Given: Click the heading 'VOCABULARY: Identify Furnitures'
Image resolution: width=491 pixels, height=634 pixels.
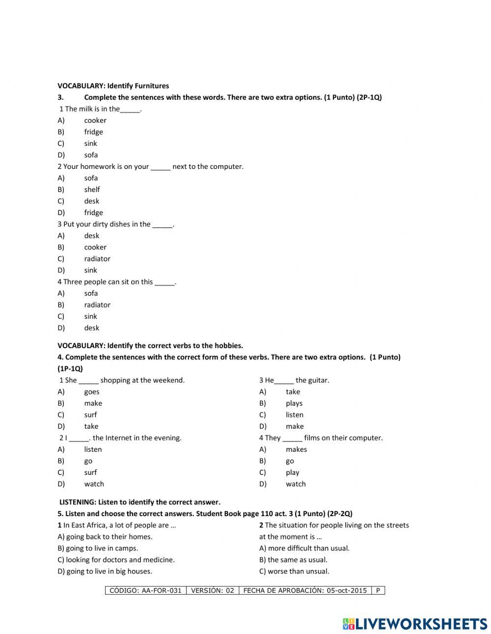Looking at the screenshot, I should click(113, 86).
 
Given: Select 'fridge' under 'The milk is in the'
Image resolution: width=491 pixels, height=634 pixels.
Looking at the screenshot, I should click(93, 132).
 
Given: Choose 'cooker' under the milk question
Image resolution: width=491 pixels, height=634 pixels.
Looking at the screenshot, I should click(95, 120).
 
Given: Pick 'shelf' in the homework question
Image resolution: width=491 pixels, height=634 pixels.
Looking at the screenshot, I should click(92, 190).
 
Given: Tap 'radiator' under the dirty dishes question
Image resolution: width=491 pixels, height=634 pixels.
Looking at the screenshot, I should click(97, 259).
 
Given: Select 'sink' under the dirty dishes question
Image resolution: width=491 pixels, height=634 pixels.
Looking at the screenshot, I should click(90, 271).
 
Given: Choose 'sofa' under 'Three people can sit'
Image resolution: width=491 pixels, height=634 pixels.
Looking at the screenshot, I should click(91, 294).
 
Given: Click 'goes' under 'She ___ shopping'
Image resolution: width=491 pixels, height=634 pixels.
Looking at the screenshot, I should click(91, 392).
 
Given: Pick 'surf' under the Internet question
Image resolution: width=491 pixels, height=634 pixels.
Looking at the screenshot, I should click(90, 472).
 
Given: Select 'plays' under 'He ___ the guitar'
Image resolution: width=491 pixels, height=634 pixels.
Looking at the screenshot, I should click(294, 404).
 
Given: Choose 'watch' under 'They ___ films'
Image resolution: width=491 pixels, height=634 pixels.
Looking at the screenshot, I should click(296, 484).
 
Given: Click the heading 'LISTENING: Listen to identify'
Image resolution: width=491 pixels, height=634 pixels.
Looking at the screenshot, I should click(139, 502).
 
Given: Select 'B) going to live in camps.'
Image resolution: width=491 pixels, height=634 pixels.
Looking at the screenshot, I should click(98, 549).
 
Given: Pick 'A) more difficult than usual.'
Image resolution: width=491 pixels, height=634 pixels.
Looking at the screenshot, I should click(304, 549).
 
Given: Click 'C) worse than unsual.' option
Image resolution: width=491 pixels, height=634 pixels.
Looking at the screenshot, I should click(294, 572).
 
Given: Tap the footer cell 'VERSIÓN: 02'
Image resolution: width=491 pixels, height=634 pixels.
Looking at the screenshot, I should click(212, 591).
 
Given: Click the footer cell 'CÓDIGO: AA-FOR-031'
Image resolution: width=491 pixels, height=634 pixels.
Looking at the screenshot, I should click(145, 591).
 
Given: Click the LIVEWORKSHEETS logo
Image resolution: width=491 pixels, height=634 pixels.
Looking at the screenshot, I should click(415, 624).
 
